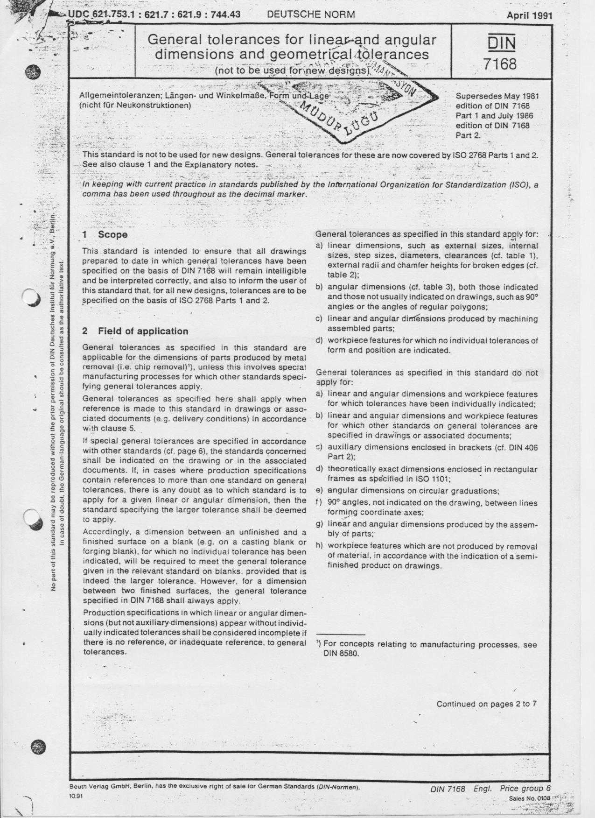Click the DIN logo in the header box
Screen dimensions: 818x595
click(501, 43)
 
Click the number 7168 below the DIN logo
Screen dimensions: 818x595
click(500, 63)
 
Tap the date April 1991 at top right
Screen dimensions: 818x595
click(529, 15)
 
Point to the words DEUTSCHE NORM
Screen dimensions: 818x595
click(311, 14)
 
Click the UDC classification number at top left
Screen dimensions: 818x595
click(154, 14)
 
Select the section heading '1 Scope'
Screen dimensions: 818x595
click(105, 234)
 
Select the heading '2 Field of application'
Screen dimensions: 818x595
click(135, 331)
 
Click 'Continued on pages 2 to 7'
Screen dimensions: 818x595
click(486, 704)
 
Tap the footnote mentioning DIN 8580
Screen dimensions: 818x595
click(427, 649)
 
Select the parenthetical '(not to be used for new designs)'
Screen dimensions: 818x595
click(292, 71)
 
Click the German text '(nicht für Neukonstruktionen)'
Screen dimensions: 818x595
click(136, 105)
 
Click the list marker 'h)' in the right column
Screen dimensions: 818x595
click(320, 546)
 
